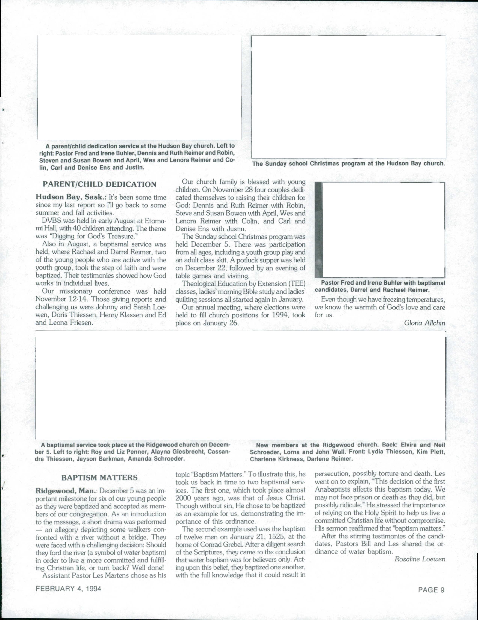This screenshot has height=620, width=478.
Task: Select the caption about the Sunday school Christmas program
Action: click(348, 164)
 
